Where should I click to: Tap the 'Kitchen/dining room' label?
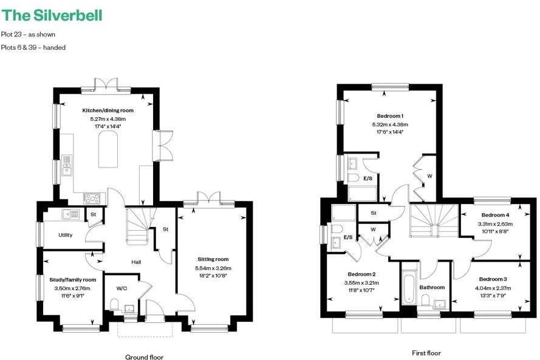click(108, 110)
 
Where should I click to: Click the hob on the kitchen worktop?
click(92, 197)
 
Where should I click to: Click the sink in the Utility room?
click(69, 214)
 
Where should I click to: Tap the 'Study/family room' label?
click(73, 280)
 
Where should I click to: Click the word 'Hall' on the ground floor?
click(137, 262)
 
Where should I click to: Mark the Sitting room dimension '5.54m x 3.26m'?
click(213, 268)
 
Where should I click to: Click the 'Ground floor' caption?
click(144, 357)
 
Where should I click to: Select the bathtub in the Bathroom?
click(409, 289)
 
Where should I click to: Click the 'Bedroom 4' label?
click(495, 215)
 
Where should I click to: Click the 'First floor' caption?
click(426, 353)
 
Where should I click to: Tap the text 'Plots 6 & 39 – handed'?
click(33, 47)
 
